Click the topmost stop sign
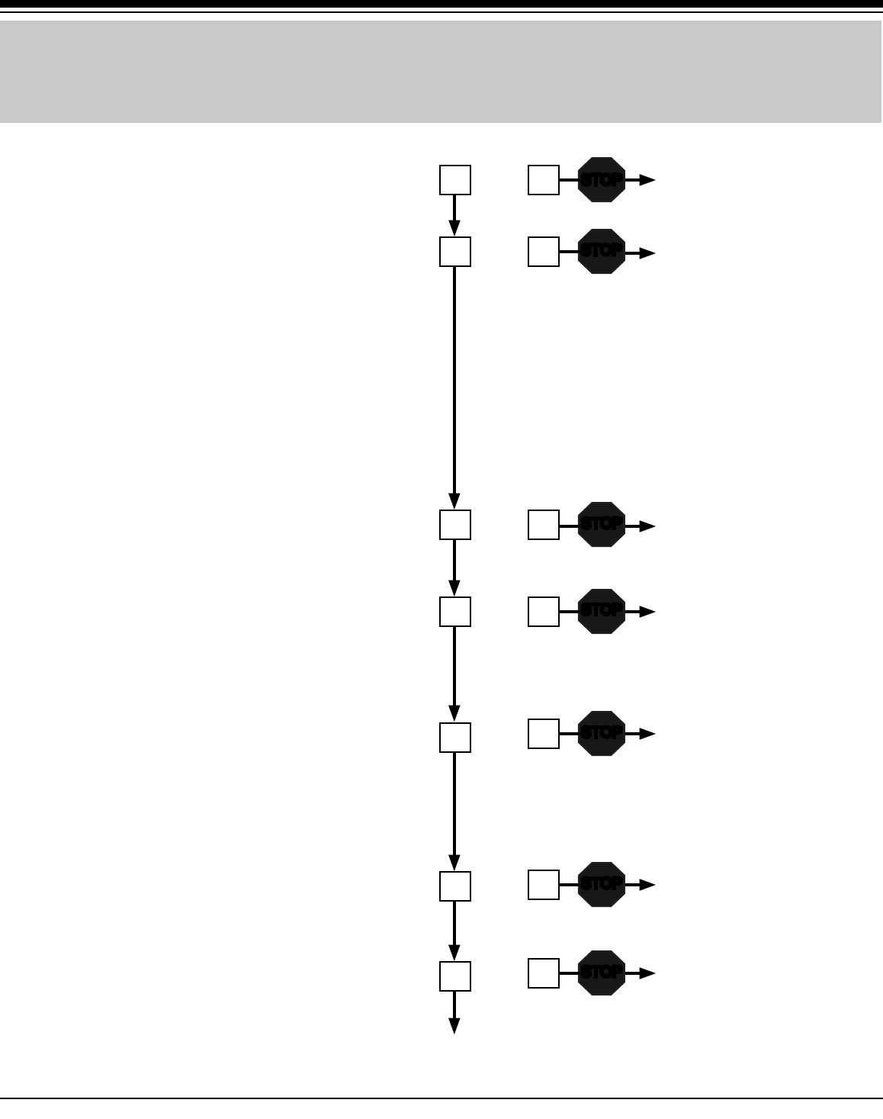tap(602, 180)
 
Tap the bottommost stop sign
tap(602, 973)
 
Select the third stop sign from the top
tap(602, 525)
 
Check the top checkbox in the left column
tap(455, 180)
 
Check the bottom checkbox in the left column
tap(455, 976)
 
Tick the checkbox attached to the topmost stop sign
tap(544, 180)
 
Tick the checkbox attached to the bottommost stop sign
tap(544, 973)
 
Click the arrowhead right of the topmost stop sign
tap(647, 180)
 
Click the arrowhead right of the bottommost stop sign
tap(647, 973)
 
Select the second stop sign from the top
tap(602, 252)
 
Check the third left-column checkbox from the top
tap(455, 525)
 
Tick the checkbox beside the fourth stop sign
tap(544, 611)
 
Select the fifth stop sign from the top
tap(602, 733)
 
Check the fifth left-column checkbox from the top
tap(455, 737)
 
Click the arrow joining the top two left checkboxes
tap(454, 215)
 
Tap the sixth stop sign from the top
tap(602, 884)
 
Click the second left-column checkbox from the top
tap(455, 252)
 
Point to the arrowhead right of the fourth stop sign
tap(647, 612)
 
